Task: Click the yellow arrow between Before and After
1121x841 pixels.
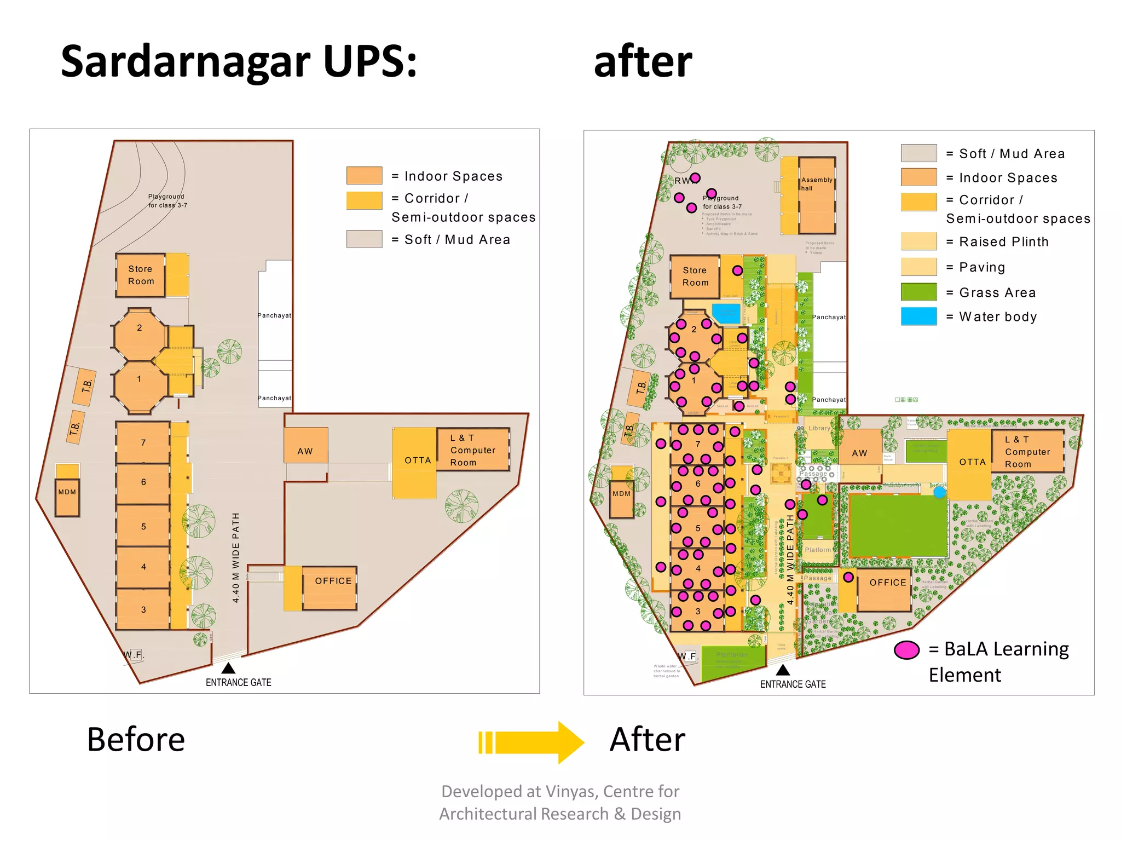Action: pyautogui.click(x=531, y=742)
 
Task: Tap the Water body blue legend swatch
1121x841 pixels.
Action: pyautogui.click(x=918, y=316)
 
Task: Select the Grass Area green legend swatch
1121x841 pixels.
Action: pyautogui.click(x=918, y=292)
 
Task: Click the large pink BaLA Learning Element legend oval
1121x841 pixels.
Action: pyautogui.click(x=906, y=650)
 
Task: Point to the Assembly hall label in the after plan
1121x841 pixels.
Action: pyautogui.click(x=816, y=184)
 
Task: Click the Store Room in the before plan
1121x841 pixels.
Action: pyautogui.click(x=141, y=275)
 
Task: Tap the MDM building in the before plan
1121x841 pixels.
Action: pyautogui.click(x=67, y=496)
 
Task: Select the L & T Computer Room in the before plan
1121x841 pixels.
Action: pyautogui.click(x=473, y=450)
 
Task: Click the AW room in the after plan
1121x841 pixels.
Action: pyautogui.click(x=859, y=453)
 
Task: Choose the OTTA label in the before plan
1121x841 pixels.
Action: pyautogui.click(x=418, y=460)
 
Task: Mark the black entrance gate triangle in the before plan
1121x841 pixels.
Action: pyautogui.click(x=228, y=668)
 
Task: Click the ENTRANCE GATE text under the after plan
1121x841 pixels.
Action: pyautogui.click(x=793, y=684)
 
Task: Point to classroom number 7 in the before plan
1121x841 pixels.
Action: pyautogui.click(x=143, y=442)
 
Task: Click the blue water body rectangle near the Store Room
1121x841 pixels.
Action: pyautogui.click(x=726, y=314)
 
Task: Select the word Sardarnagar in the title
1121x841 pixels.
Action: pyautogui.click(x=186, y=61)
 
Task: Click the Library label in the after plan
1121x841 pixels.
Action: pyautogui.click(x=819, y=428)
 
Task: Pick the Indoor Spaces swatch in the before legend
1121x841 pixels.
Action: pyautogui.click(x=364, y=176)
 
